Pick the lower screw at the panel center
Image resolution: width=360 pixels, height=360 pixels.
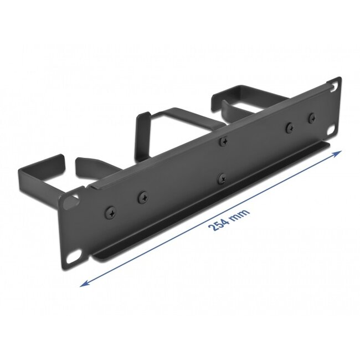click(x=221, y=179)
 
